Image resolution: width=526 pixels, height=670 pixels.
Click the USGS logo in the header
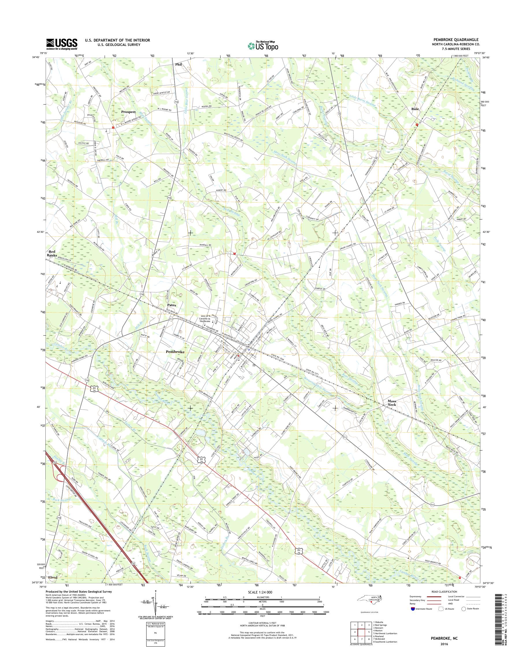click(62, 44)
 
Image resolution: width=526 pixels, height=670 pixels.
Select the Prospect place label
click(128, 112)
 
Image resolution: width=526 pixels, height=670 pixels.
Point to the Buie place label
click(415, 109)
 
